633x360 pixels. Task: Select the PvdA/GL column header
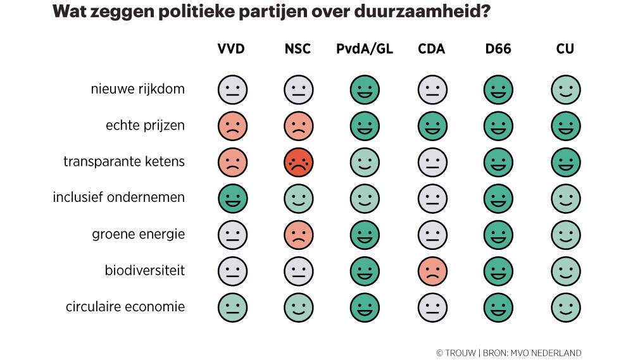pyautogui.click(x=365, y=49)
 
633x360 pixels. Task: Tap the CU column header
pyautogui.click(x=565, y=49)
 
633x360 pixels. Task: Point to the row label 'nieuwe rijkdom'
pyautogui.click(x=137, y=89)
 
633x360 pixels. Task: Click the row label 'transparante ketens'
pyautogui.click(x=124, y=161)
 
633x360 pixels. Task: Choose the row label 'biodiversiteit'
pyautogui.click(x=144, y=271)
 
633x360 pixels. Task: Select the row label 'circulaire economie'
pyautogui.click(x=125, y=307)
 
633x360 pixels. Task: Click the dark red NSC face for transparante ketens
pyautogui.click(x=299, y=163)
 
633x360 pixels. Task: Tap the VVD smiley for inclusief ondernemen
pyautogui.click(x=232, y=199)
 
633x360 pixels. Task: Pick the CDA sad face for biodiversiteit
pyautogui.click(x=432, y=271)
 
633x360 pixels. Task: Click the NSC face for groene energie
pyautogui.click(x=299, y=235)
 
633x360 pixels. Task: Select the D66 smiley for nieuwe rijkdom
pyautogui.click(x=498, y=90)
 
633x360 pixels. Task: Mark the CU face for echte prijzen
pyautogui.click(x=565, y=126)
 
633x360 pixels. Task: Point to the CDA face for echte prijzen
pyautogui.click(x=432, y=126)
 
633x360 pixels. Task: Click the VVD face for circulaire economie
pyautogui.click(x=232, y=308)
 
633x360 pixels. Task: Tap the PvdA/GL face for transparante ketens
pyautogui.click(x=365, y=163)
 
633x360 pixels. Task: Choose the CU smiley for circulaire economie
pyautogui.click(x=565, y=308)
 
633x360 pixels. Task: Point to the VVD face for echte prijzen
pyautogui.click(x=232, y=126)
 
